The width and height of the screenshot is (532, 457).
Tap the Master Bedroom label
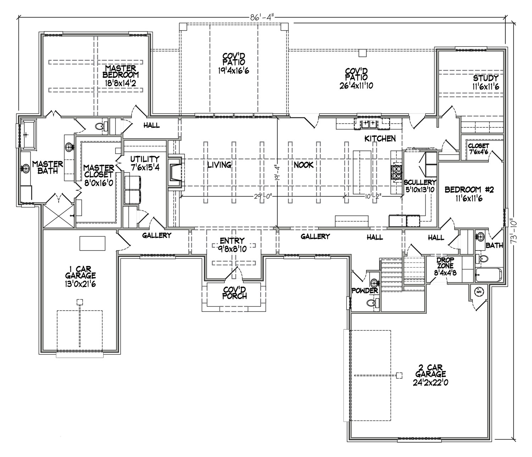(121, 75)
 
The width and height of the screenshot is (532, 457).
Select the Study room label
(486, 82)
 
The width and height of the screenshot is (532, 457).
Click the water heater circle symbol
(479, 292)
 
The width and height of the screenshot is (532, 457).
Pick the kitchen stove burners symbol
(396, 172)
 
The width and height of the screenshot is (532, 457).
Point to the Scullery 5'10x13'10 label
(420, 186)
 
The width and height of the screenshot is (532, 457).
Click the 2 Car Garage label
(430, 375)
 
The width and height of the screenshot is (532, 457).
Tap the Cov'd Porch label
(234, 293)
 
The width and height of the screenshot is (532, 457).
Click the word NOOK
(304, 165)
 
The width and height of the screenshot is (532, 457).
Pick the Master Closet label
(99, 175)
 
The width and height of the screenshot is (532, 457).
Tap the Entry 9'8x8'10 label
(232, 244)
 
